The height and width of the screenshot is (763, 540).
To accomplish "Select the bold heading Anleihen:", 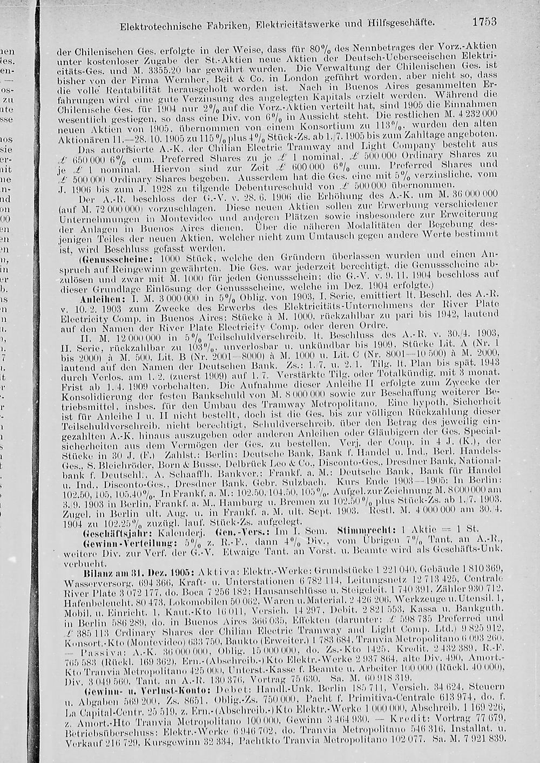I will [96, 299].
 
